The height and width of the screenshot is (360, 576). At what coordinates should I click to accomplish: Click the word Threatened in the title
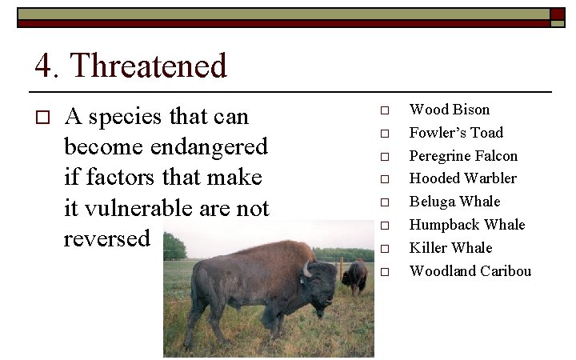150,66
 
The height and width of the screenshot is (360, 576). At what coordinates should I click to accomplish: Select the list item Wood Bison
449,110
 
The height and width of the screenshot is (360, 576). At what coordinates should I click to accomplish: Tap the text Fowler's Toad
456,133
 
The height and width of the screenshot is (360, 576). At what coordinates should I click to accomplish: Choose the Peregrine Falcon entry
463,156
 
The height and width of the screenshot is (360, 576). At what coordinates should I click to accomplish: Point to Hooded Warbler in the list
462,178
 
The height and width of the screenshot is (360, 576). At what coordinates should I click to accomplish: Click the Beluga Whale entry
454,202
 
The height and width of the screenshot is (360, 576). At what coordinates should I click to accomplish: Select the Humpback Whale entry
467,225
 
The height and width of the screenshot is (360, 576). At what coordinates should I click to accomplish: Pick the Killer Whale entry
450,248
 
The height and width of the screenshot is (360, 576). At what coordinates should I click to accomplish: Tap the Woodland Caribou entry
470,271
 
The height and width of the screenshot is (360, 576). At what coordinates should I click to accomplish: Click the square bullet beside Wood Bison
384,110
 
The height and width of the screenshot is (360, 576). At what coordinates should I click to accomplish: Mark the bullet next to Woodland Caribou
384,272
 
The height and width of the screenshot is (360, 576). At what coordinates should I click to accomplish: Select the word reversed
106,238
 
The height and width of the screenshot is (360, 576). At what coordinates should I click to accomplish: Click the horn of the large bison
306,270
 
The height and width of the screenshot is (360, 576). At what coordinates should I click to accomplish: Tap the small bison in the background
355,276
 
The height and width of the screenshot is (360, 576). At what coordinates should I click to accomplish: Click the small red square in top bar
557,14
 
